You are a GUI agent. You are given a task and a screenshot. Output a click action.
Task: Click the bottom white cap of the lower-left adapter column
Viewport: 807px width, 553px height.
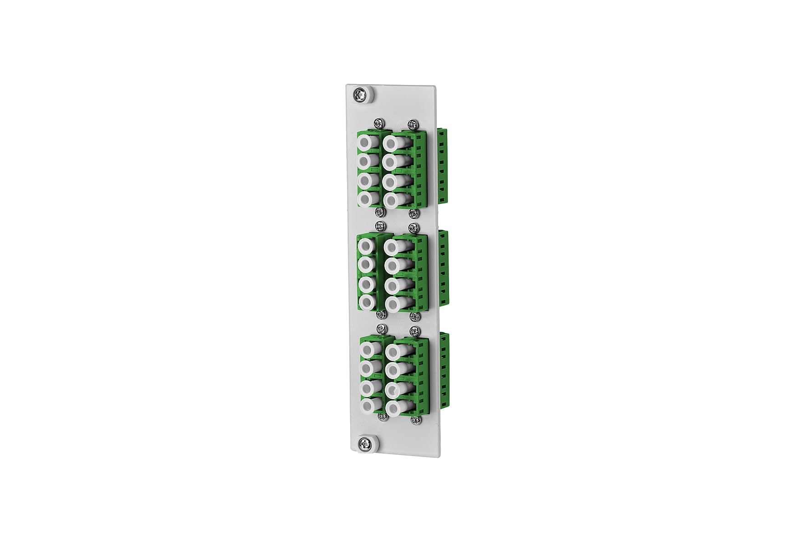368,405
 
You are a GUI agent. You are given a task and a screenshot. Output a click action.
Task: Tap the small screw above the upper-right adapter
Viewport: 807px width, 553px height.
412,123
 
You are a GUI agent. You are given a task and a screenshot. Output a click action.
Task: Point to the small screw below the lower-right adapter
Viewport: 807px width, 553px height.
414,420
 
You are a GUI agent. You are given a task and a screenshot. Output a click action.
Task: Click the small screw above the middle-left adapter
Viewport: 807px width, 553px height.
378,226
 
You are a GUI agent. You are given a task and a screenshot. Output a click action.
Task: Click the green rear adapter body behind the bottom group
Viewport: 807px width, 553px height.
444,371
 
